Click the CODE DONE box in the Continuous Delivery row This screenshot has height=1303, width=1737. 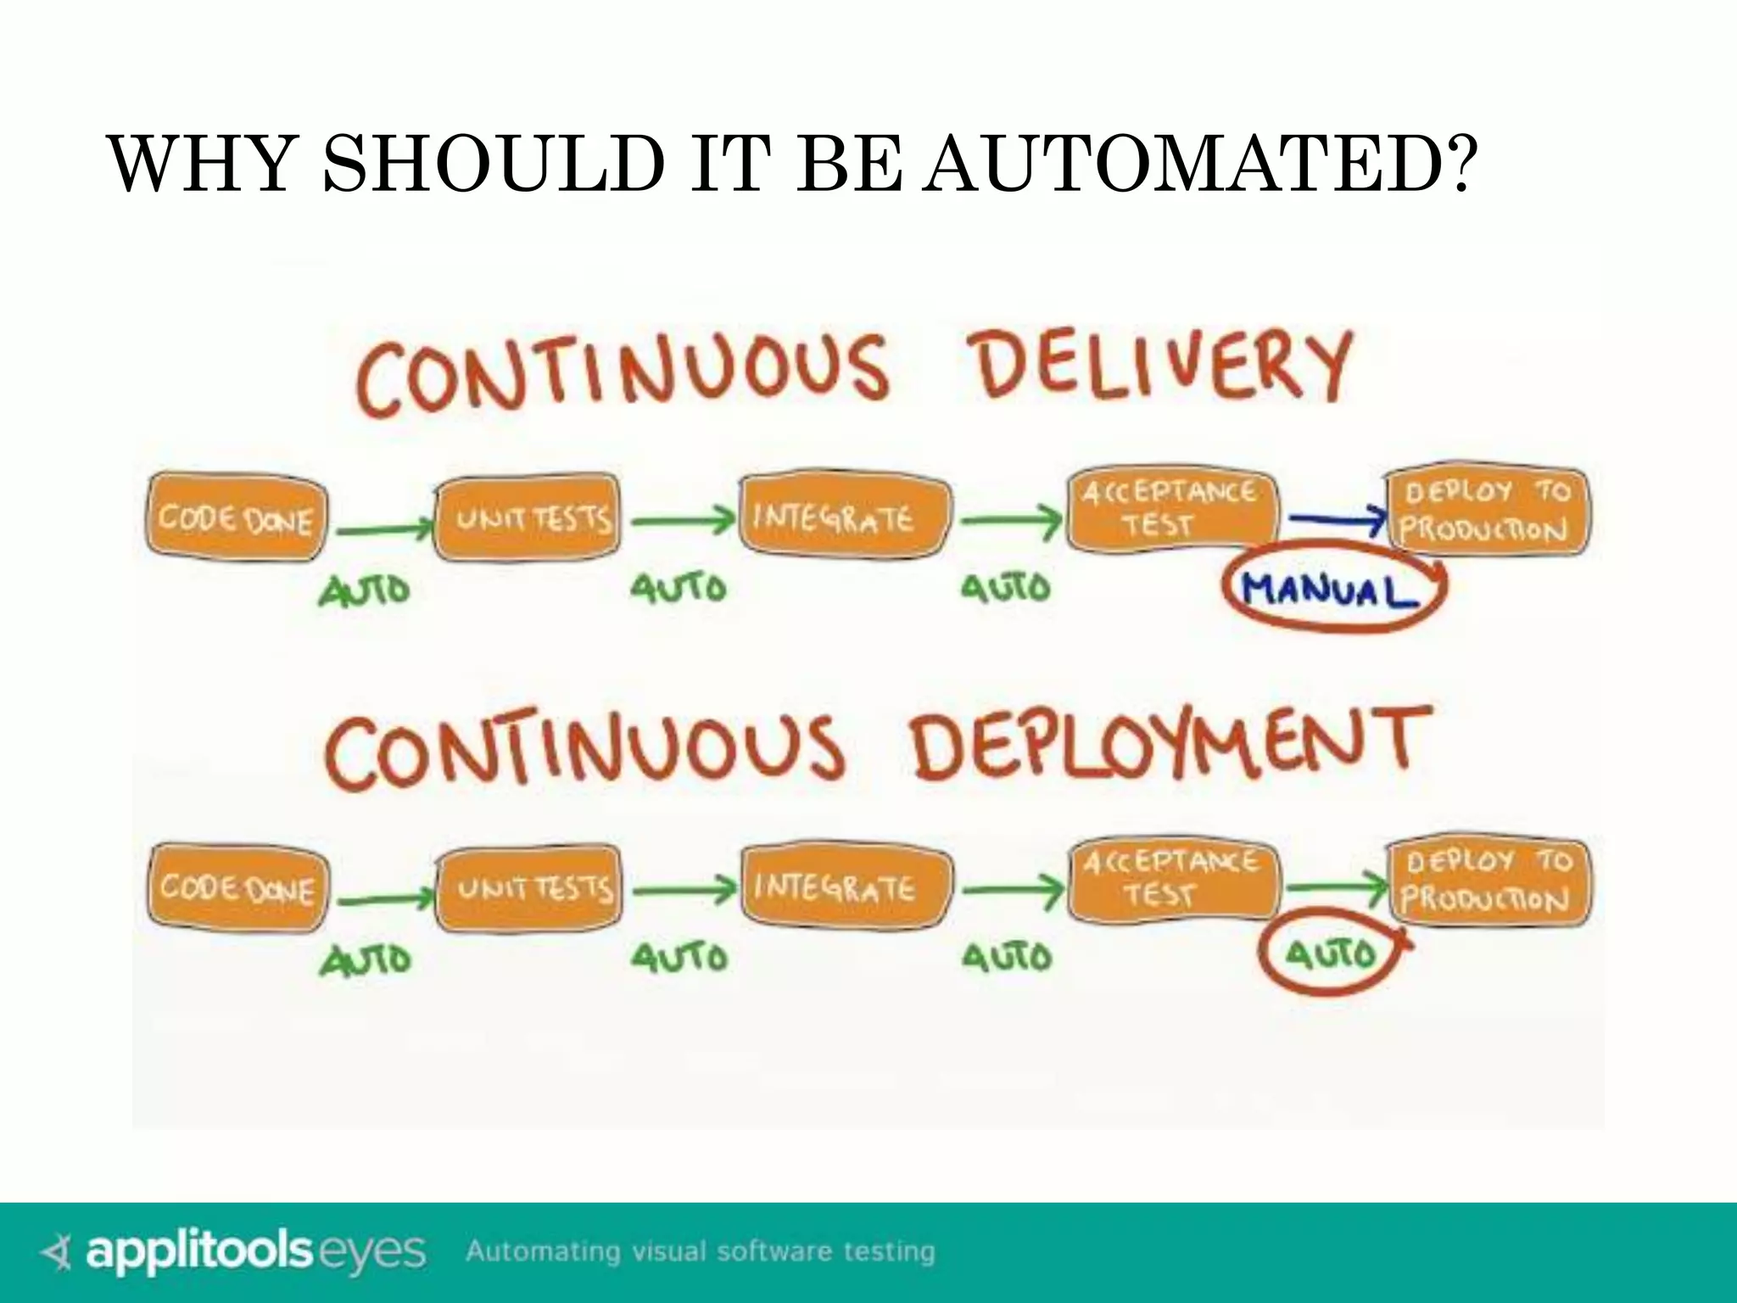point(236,517)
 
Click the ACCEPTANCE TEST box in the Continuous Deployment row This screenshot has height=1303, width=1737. point(1171,878)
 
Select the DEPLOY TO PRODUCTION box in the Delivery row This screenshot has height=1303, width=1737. point(1486,512)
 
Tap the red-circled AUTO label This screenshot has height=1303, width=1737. point(1330,955)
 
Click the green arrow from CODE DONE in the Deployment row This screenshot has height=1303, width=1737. point(384,898)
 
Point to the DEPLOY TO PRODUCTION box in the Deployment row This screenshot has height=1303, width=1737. point(1489,881)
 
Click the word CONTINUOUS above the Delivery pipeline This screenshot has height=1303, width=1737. point(623,374)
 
